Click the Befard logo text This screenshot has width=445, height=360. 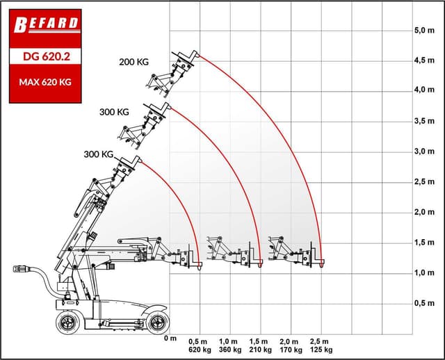tap(46, 25)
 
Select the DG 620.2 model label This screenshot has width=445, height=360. tap(47, 56)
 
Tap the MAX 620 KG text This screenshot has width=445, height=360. tap(45, 82)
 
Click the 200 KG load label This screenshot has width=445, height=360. tap(133, 62)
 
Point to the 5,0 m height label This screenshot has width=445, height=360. tap(424, 30)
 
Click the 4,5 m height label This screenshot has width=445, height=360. tap(424, 60)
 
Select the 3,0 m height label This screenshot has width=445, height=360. tap(424, 152)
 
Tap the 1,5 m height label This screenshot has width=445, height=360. tap(424, 243)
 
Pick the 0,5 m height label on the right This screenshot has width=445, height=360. tap(424, 303)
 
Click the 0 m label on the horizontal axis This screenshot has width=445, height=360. tap(170, 338)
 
